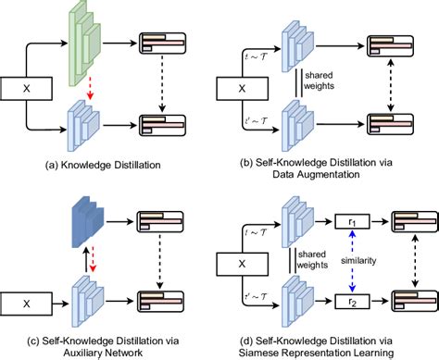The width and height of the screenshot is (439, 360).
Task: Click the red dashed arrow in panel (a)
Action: (x=90, y=93)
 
